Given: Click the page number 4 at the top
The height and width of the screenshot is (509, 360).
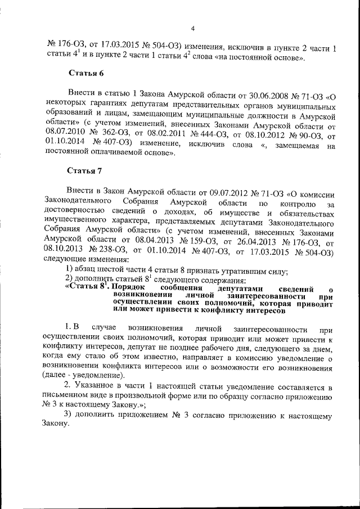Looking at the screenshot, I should pyautogui.click(x=193, y=29).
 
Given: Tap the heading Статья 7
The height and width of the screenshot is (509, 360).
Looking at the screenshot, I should pyautogui.click(x=85, y=170).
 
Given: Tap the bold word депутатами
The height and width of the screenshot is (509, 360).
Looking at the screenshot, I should pyautogui.click(x=229, y=289).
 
